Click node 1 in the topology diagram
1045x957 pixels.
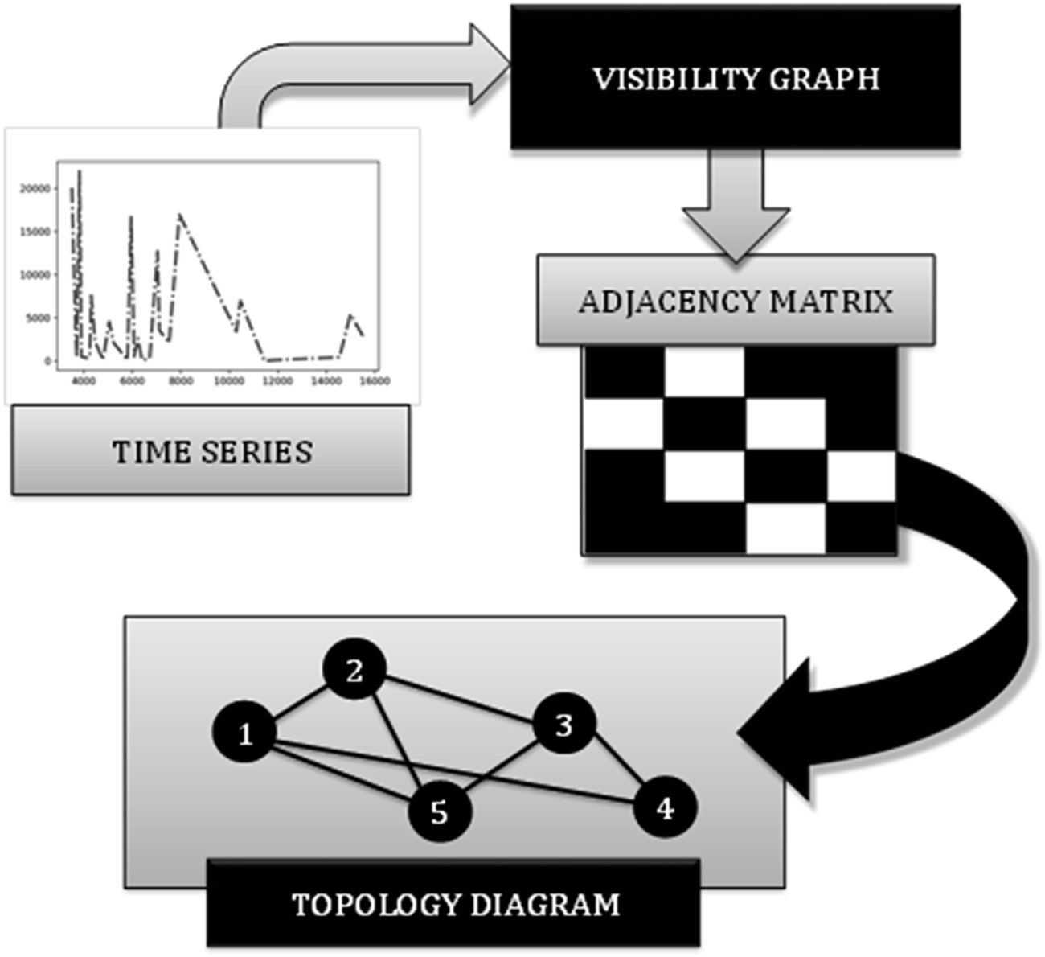245,733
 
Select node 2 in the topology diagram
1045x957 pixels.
354,670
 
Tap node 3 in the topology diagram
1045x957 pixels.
564,725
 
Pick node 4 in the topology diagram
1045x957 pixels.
665,808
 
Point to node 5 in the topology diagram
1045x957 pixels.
439,811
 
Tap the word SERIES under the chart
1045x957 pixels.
256,452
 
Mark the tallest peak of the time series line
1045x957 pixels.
80,171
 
